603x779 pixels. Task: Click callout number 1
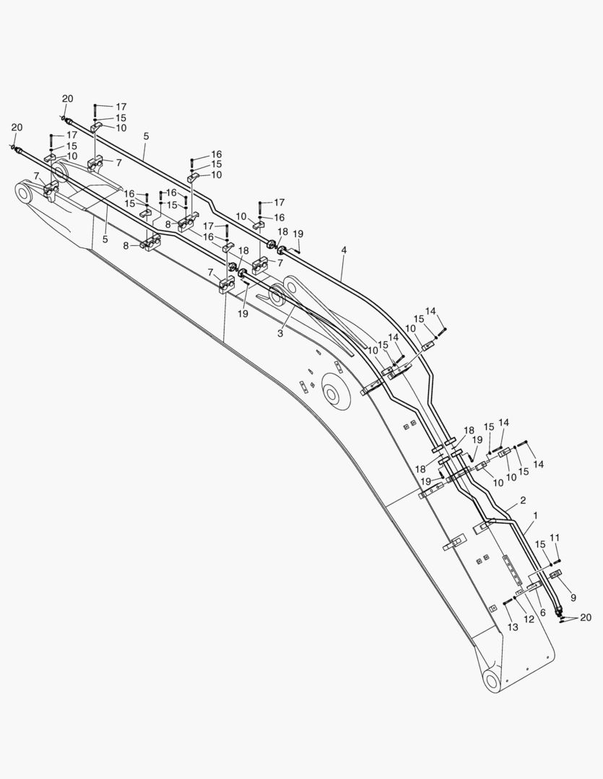[x=535, y=516]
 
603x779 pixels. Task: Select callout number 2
[x=523, y=500]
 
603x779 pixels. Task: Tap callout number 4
[x=344, y=250]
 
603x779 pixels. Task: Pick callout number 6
[x=542, y=612]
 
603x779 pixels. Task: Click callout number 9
[x=573, y=597]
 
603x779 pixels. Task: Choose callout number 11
[x=555, y=537]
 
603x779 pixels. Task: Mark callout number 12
[x=529, y=620]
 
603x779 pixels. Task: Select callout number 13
[x=513, y=628]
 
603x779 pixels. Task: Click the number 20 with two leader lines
[x=586, y=617]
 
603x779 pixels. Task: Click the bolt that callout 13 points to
[x=507, y=602]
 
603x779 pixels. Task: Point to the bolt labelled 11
[x=557, y=564]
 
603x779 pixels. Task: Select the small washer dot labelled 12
[x=515, y=596]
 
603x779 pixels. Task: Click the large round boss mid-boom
[x=332, y=395]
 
